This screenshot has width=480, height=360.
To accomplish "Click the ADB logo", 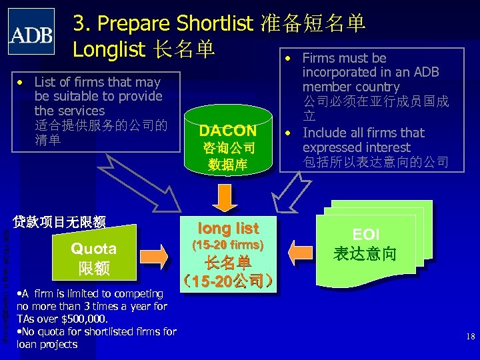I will pos(31,31).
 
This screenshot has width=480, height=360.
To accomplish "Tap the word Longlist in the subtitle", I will pos(110,49).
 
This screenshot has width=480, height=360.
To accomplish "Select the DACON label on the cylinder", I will pos(228,130).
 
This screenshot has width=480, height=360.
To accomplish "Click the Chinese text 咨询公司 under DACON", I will pos(228,147).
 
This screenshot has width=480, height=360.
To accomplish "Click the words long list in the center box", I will pos(229,228).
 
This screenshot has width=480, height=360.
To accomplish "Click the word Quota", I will pos(94,249).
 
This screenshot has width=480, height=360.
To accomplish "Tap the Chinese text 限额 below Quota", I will pos(94,268).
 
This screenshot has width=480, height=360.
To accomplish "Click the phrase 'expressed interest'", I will pos(356,147).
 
